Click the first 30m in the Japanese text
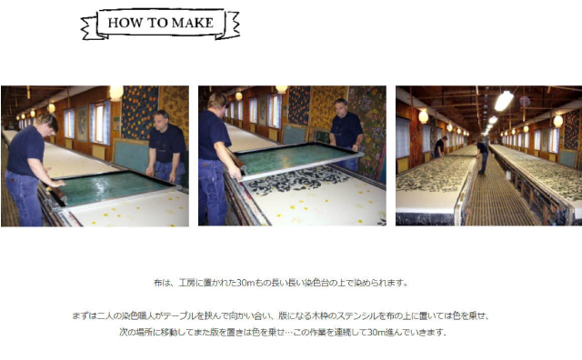tap(246, 283)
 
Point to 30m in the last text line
tap(376, 332)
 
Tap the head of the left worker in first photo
tap(47, 123)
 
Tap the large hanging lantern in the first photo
tap(115, 93)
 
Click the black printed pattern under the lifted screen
tap(297, 180)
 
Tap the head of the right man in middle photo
tap(340, 107)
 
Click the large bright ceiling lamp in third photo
tap(504, 101)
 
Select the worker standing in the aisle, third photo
tap(482, 157)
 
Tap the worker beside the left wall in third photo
tap(440, 146)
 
